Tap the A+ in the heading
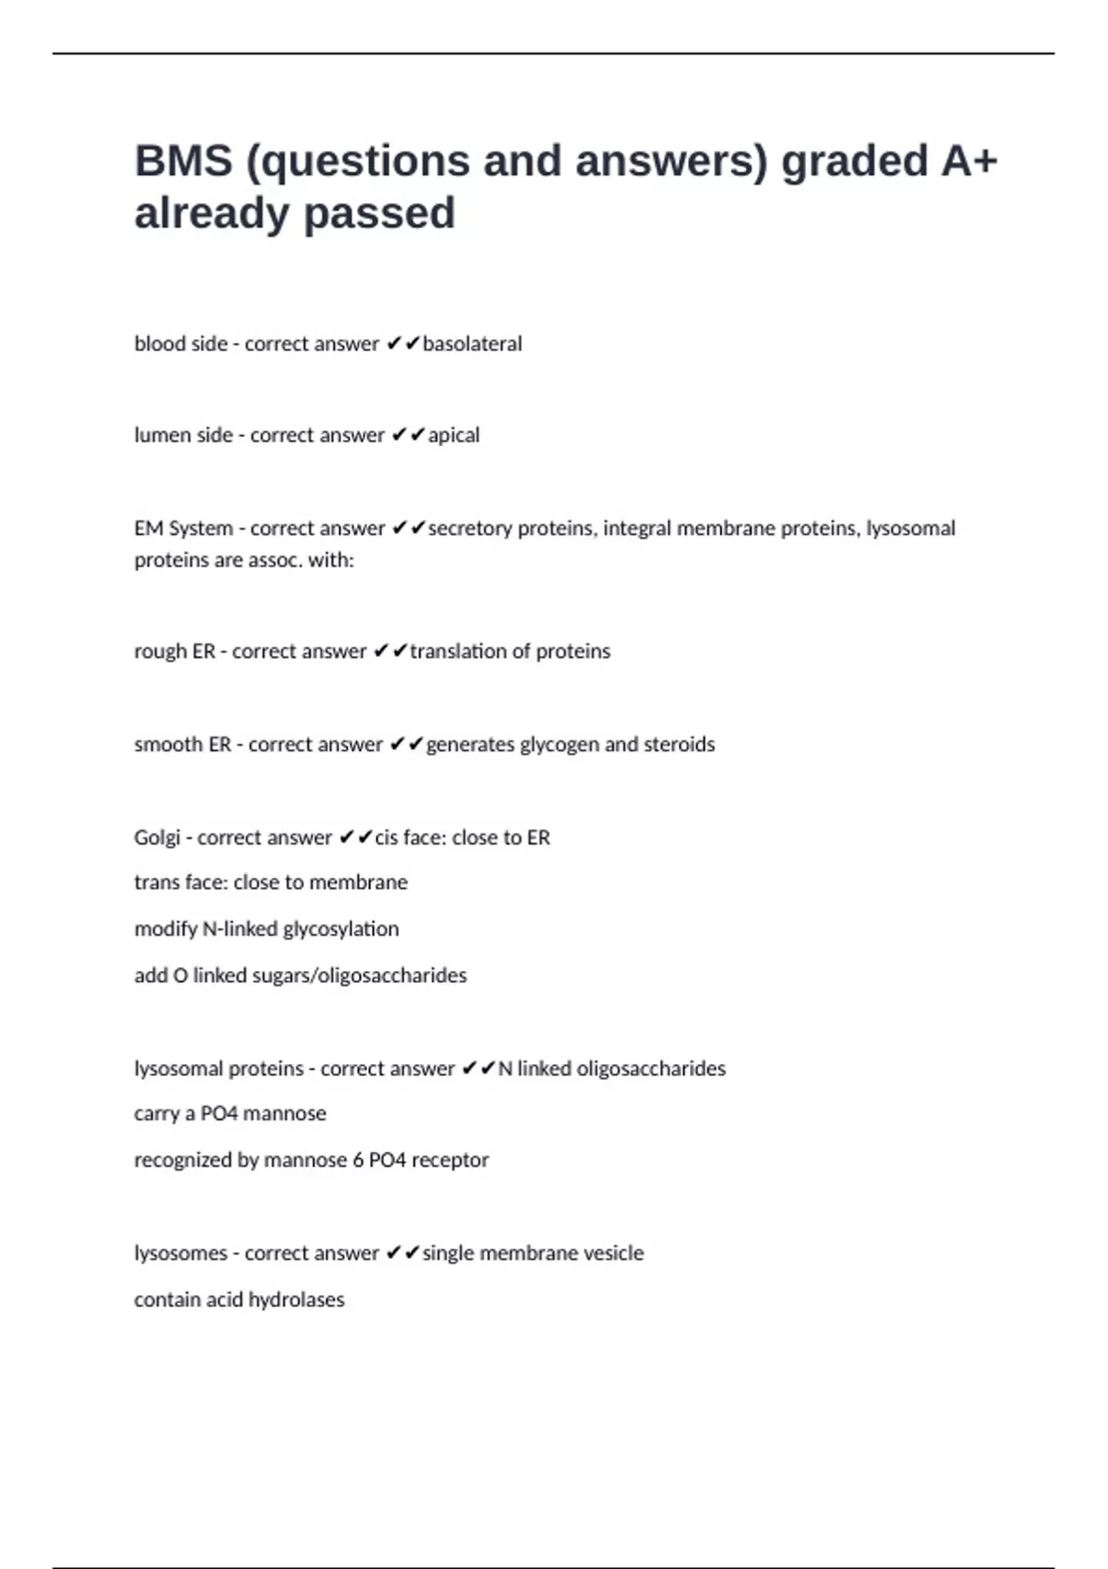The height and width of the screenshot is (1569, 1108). pos(969,161)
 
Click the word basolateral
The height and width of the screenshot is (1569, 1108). pos(472,344)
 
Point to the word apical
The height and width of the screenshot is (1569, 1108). pos(453,436)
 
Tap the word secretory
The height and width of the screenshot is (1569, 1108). pos(470,529)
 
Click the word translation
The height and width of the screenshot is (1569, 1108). pos(458,652)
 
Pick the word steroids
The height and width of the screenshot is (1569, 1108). pos(679,745)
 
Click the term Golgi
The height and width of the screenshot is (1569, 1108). pos(157,838)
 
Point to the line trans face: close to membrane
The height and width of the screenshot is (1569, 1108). pos(271,883)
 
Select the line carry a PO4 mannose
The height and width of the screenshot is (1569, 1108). pos(230,1114)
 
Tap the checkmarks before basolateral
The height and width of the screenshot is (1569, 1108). pos(403,344)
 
